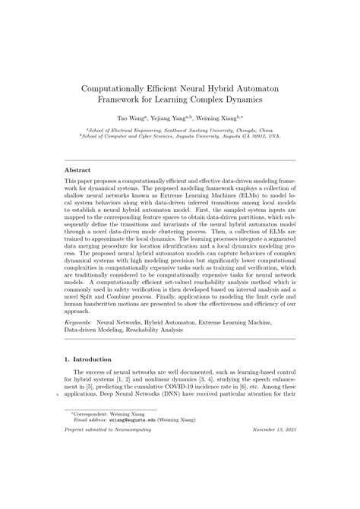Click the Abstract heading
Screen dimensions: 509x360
pos(78,170)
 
